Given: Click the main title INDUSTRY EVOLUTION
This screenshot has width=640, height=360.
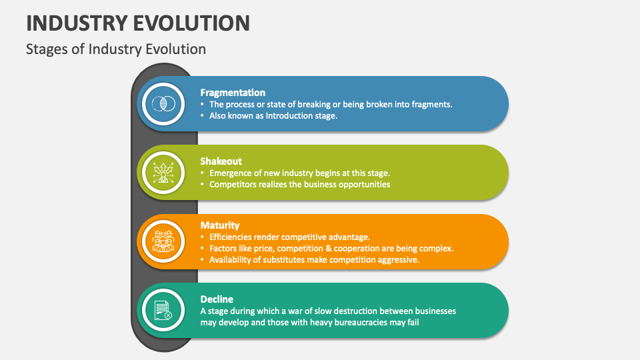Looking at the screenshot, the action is tap(138, 23).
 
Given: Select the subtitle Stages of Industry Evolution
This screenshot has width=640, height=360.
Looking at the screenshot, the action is tap(116, 49).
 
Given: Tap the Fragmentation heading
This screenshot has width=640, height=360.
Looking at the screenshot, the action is tap(233, 93).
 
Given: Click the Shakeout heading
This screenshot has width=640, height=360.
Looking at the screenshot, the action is tap(221, 161).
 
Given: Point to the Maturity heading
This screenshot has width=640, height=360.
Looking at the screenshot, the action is tap(219, 225).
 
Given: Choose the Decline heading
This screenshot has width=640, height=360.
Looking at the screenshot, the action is tap(217, 299).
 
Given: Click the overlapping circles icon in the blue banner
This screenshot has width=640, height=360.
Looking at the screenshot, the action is tap(163, 104).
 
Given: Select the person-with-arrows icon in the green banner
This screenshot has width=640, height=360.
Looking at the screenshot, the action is tap(163, 173).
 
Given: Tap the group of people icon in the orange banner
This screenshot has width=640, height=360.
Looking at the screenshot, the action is tap(163, 241).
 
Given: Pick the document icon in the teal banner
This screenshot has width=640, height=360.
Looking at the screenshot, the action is tap(163, 310).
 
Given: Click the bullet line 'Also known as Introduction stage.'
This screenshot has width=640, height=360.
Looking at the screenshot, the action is tap(273, 116).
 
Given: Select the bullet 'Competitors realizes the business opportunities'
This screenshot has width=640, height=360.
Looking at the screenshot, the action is tap(299, 185).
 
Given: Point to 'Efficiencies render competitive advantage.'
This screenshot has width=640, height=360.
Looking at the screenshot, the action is tap(290, 237).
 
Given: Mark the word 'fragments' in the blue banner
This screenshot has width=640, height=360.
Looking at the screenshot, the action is tap(431, 105).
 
